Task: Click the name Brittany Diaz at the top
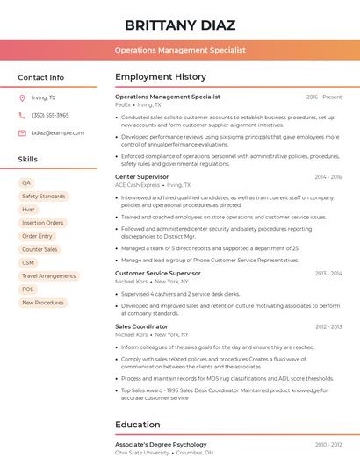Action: pyautogui.click(x=179, y=25)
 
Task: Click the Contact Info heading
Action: pyautogui.click(x=41, y=77)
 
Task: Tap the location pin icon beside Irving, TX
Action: pyautogui.click(x=22, y=97)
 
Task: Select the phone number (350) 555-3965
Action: pyautogui.click(x=50, y=115)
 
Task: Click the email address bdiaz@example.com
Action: pyautogui.click(x=58, y=132)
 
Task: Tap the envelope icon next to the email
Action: pyautogui.click(x=22, y=132)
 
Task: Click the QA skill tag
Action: pyautogui.click(x=26, y=183)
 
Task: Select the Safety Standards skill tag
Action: pyautogui.click(x=44, y=197)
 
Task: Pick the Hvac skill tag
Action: pyautogui.click(x=29, y=210)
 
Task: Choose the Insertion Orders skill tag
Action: pyautogui.click(x=43, y=223)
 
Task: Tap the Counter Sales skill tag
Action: pyautogui.click(x=40, y=249)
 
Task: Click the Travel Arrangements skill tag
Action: pyautogui.click(x=49, y=275)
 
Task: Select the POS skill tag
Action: pyautogui.click(x=28, y=289)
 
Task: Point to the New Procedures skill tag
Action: pyautogui.click(x=43, y=303)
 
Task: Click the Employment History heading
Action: pyautogui.click(x=161, y=77)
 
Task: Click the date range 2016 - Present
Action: pyautogui.click(x=324, y=97)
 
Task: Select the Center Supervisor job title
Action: pyautogui.click(x=142, y=177)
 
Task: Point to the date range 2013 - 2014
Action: pyautogui.click(x=328, y=273)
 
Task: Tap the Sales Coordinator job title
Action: pyautogui.click(x=141, y=326)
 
